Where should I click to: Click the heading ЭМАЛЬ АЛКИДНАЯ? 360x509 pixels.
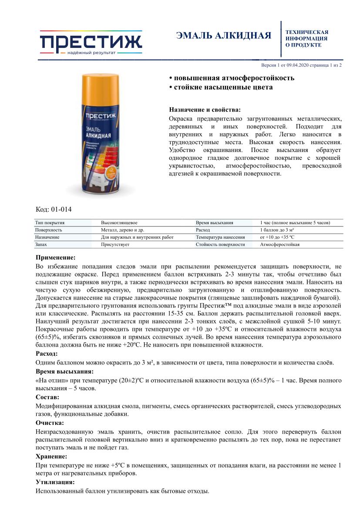coord(223,36)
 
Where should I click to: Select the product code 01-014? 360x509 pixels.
coord(54,209)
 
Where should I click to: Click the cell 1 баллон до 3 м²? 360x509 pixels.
coord(277,229)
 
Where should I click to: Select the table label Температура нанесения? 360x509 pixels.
coord(220,237)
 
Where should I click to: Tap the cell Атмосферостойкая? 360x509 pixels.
coord(279,244)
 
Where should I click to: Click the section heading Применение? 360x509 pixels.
coord(55,257)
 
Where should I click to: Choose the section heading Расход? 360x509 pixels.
coord(47,354)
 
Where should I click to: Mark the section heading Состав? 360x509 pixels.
coord(47,397)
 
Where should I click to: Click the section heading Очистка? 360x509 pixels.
coord(50,422)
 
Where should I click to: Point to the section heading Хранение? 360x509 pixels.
coord(51,456)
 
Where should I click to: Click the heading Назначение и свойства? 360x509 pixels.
coord(205,110)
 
